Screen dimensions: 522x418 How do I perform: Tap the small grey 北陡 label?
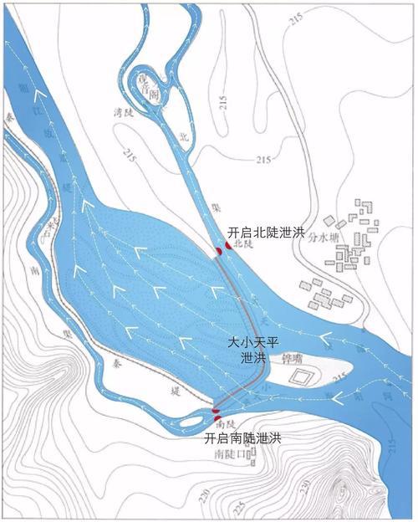tap(242, 244)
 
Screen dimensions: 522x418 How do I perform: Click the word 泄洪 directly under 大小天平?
tap(251, 357)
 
